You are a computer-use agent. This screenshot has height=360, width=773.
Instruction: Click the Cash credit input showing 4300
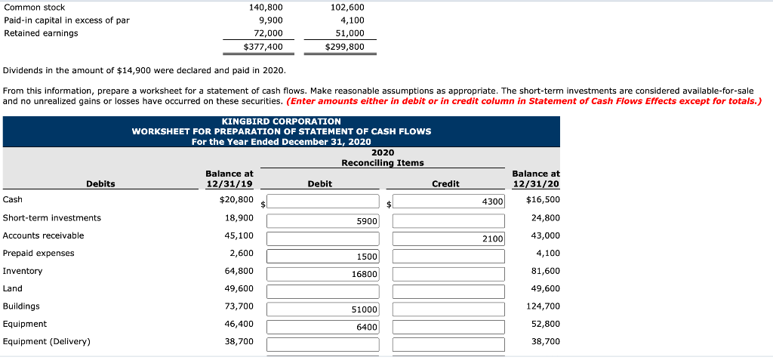click(x=448, y=202)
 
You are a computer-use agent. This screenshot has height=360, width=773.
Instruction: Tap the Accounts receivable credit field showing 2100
click(x=448, y=238)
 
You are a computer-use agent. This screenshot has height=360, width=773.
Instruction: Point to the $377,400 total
click(x=263, y=47)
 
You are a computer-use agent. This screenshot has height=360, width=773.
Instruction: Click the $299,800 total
click(x=344, y=47)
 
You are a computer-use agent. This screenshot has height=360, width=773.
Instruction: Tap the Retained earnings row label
click(x=41, y=33)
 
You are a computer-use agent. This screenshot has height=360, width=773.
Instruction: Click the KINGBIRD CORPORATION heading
click(x=282, y=122)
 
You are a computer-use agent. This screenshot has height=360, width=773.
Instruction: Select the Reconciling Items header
click(x=382, y=163)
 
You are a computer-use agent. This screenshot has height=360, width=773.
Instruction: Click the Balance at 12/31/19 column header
click(x=229, y=179)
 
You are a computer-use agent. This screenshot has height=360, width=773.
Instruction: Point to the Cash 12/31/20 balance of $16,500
click(x=543, y=200)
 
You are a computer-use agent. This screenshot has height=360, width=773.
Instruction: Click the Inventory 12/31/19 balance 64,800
click(x=239, y=271)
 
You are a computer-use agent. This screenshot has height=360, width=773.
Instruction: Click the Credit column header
click(x=445, y=184)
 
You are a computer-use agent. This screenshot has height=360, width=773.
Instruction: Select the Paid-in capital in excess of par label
click(x=66, y=20)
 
